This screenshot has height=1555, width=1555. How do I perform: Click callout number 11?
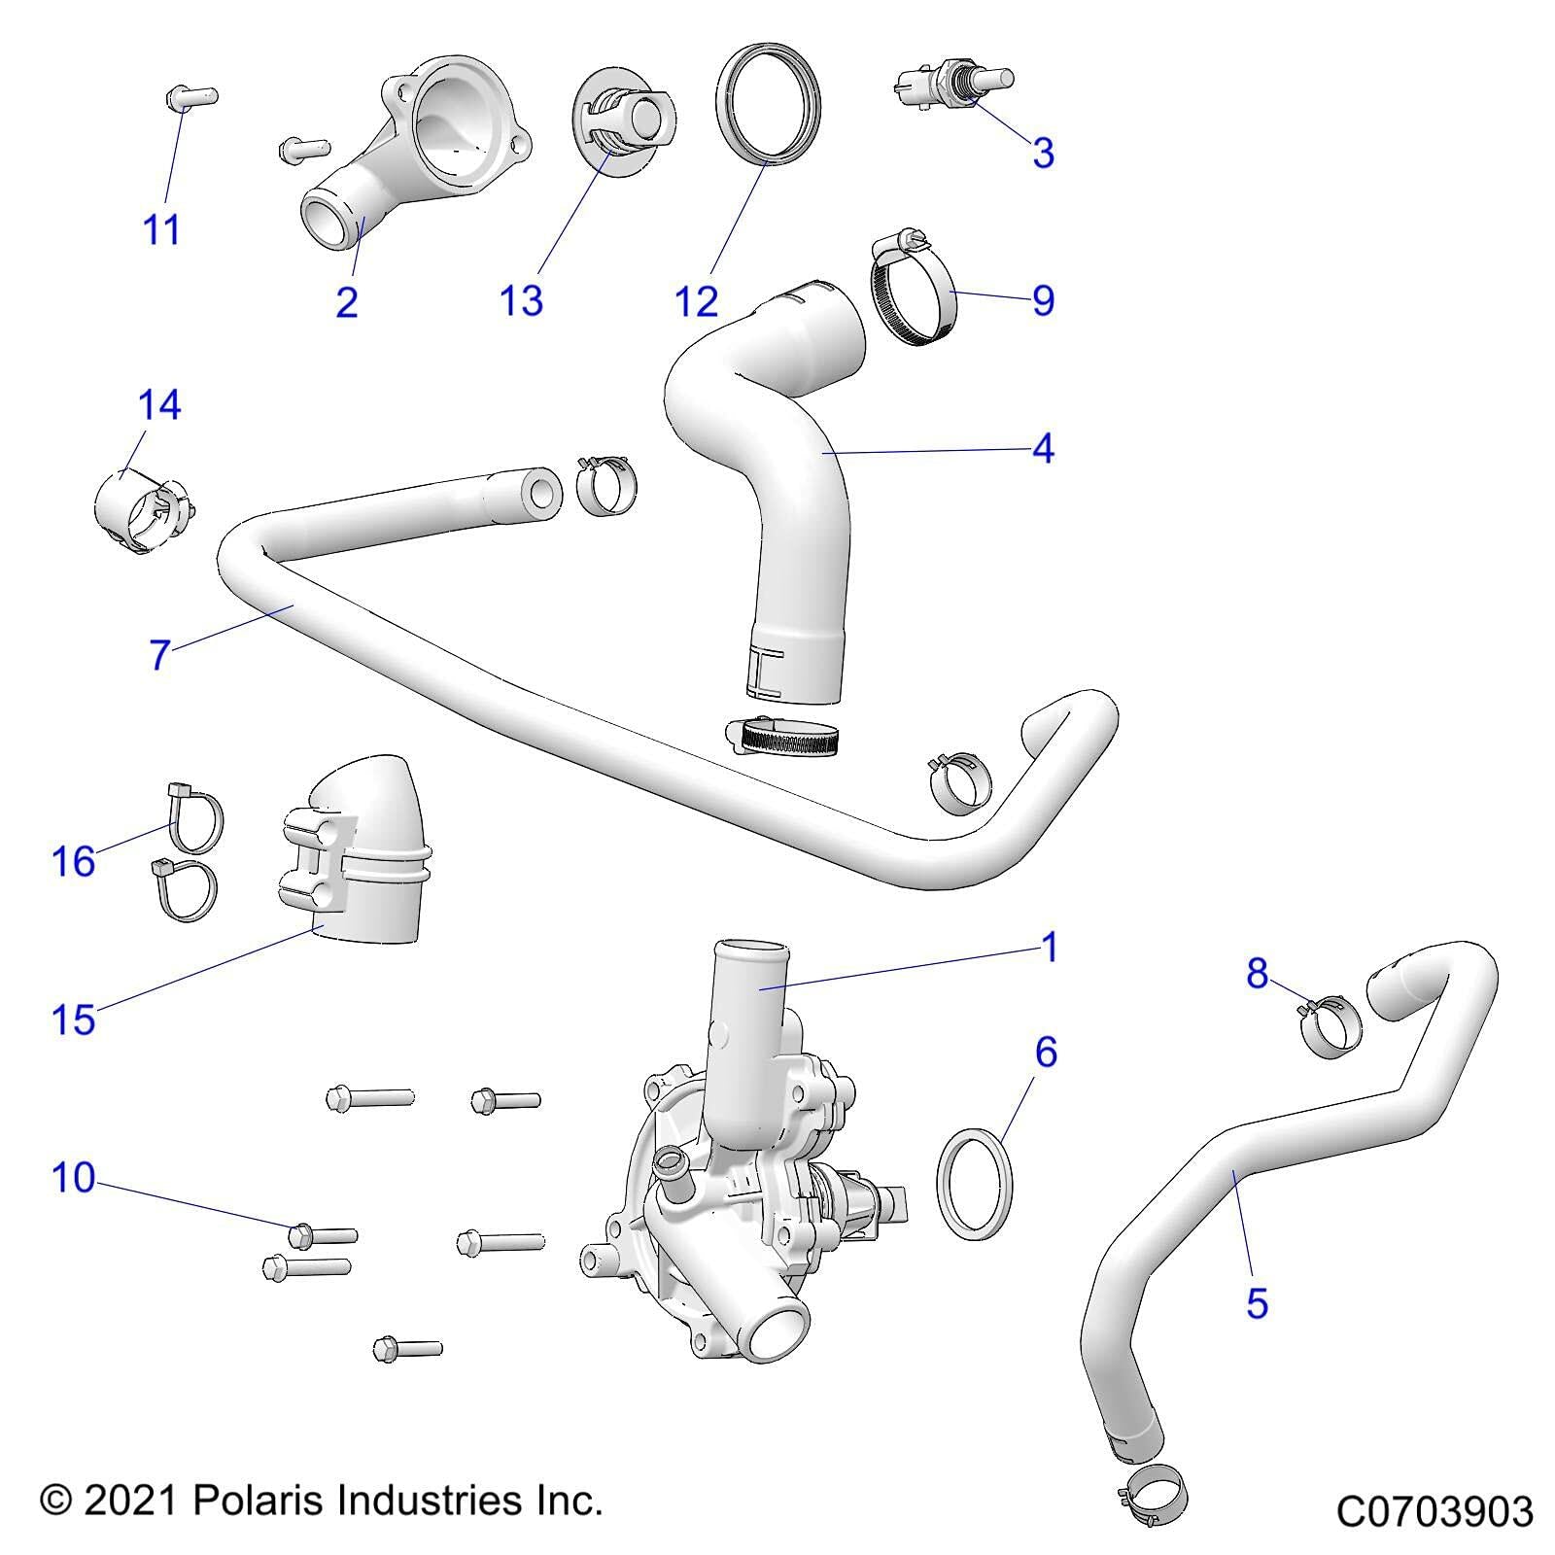point(161,230)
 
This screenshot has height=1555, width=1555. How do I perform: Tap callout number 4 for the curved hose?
point(1042,448)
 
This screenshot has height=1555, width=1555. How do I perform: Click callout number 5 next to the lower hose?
point(1257,1302)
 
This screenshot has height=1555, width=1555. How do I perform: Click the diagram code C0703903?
point(1434,1511)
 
